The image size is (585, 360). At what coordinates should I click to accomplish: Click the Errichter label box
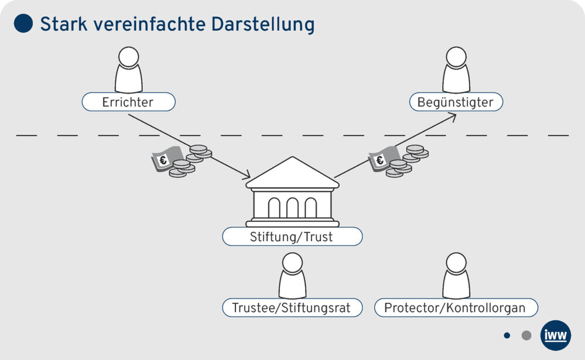tap(128, 102)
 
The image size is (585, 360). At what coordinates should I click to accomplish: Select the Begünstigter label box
tap(456, 102)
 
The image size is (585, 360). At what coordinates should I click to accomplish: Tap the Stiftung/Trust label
tap(292, 237)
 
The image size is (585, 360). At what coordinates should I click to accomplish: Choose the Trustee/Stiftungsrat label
tap(292, 307)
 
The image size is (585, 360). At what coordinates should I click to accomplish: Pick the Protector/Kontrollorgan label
tap(455, 307)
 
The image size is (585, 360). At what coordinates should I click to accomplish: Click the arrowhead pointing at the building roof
tap(246, 176)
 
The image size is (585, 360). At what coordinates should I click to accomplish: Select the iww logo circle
tap(555, 335)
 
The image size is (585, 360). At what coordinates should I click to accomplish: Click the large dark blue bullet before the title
tap(23, 23)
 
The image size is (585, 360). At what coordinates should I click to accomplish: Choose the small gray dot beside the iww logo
tap(526, 335)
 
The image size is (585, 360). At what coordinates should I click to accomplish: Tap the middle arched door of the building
tap(292, 208)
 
